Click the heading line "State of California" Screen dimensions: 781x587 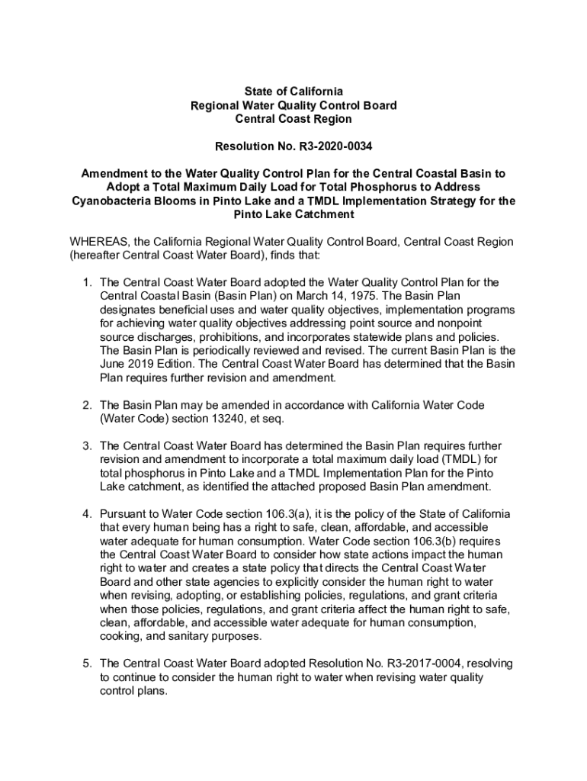[x=293, y=92]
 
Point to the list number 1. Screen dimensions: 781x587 [x=87, y=282]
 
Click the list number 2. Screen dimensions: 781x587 [x=87, y=405]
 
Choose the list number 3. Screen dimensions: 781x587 [x=87, y=445]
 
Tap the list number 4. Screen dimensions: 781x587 [x=87, y=513]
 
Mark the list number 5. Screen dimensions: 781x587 [x=87, y=664]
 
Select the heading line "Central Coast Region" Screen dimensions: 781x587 [x=293, y=119]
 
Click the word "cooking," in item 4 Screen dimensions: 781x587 [x=123, y=636]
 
